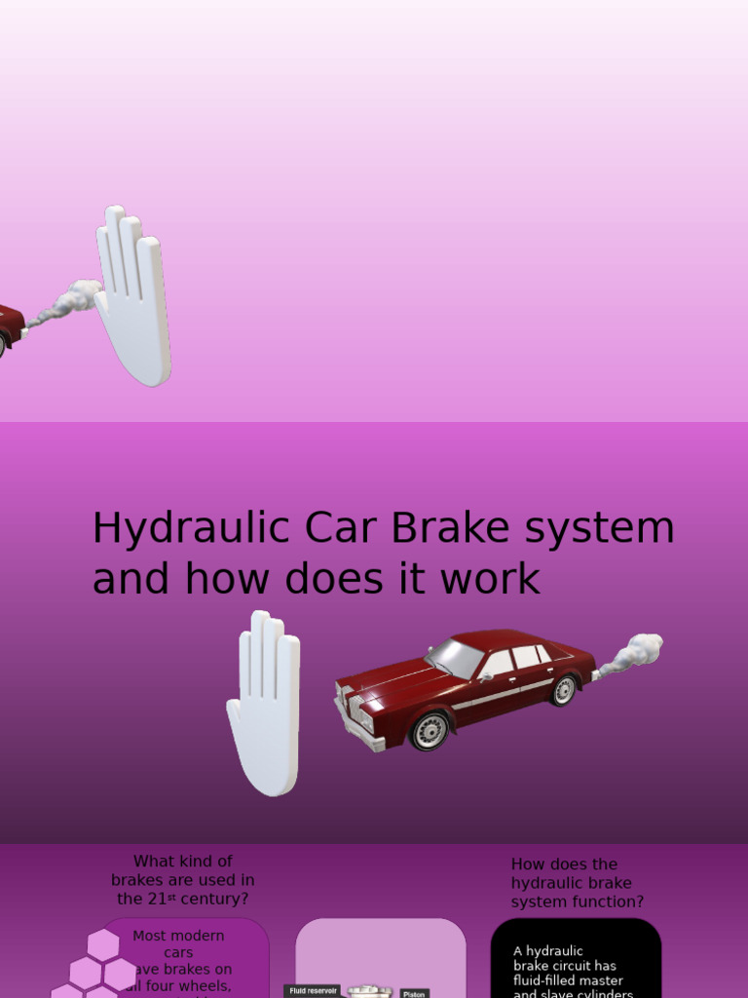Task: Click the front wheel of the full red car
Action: click(x=430, y=730)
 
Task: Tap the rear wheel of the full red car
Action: click(x=563, y=690)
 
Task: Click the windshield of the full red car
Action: click(x=456, y=658)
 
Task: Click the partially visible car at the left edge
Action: click(x=9, y=326)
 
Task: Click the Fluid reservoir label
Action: click(x=313, y=990)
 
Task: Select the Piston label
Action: click(x=414, y=993)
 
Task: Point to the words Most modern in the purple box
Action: click(x=178, y=936)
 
